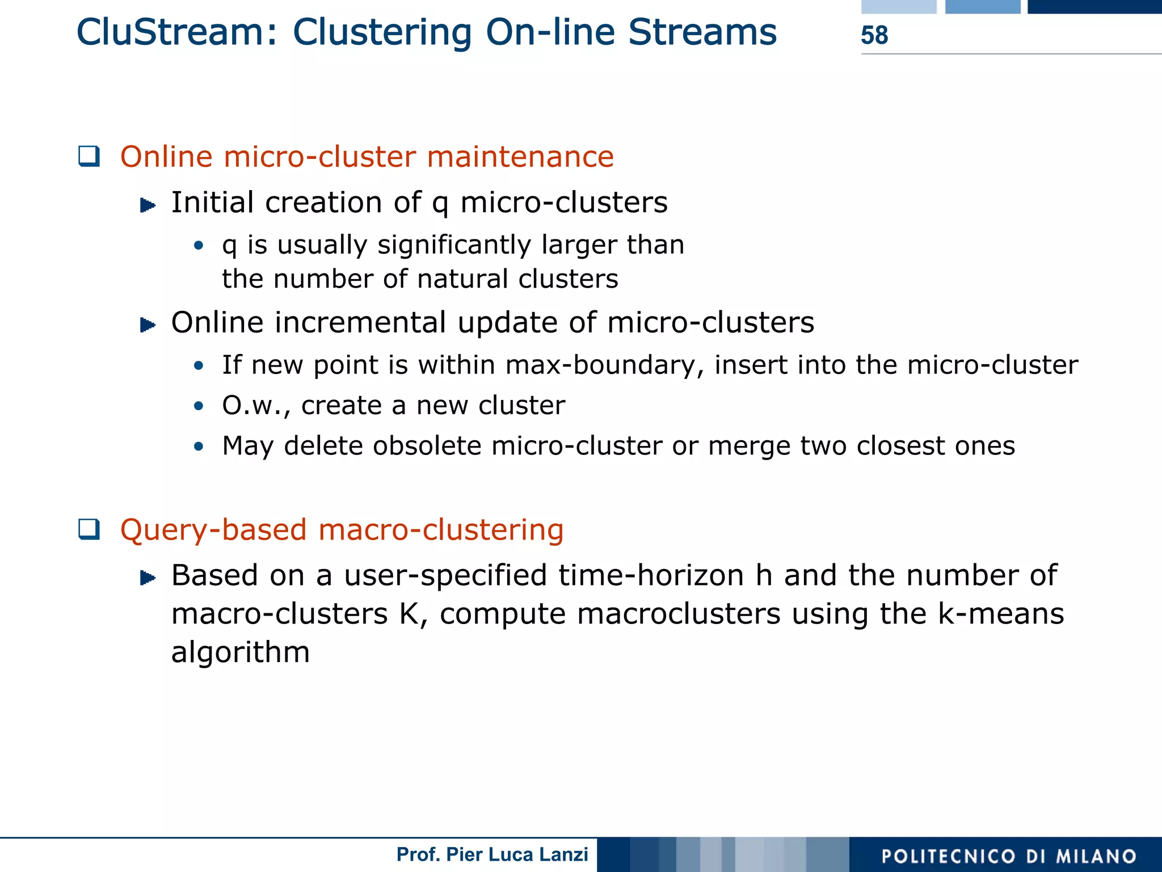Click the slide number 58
[874, 35]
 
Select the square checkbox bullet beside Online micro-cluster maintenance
[89, 156]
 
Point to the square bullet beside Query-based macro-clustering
[89, 529]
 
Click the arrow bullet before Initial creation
[148, 205]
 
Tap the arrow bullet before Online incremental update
[148, 325]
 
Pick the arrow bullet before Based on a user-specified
[148, 578]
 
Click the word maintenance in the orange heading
[520, 157]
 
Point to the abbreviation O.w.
[254, 406]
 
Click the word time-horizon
[651, 575]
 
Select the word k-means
[1001, 614]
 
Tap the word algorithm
[241, 652]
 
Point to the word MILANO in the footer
[1096, 856]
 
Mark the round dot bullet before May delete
[198, 446]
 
